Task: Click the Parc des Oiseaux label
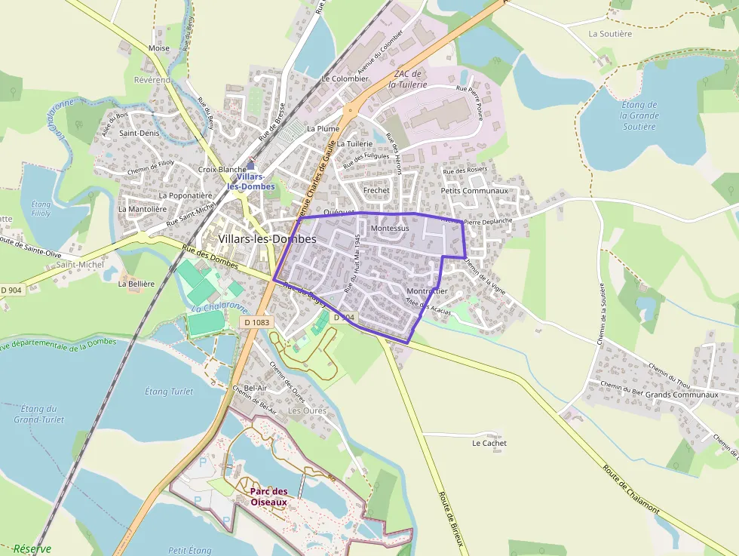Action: [x=268, y=496]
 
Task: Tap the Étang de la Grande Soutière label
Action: [x=639, y=115]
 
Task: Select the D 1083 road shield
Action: [x=256, y=322]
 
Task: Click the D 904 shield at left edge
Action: [x=11, y=290]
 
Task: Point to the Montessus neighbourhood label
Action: [x=390, y=228]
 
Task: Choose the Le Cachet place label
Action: [x=489, y=443]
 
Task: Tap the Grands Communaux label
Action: [x=682, y=395]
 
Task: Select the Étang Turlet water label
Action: [x=168, y=392]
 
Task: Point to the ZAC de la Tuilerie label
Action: [x=408, y=79]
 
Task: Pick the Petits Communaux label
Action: [x=474, y=191]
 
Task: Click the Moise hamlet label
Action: [x=159, y=48]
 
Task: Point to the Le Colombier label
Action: [x=345, y=78]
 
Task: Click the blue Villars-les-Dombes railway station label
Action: [x=250, y=181]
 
